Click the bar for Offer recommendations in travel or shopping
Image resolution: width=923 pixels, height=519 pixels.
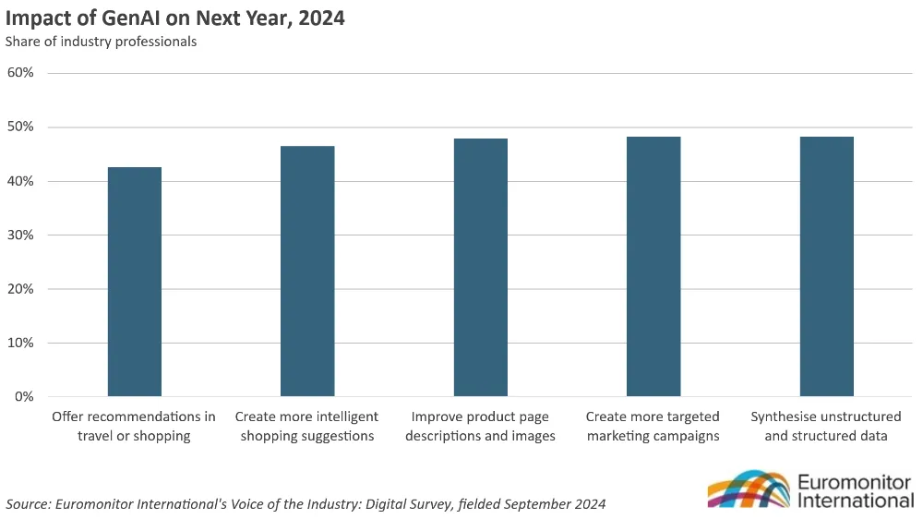[x=135, y=282]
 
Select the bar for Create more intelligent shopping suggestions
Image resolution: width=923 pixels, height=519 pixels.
[x=307, y=271]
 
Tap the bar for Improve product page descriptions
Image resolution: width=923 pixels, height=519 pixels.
[x=480, y=267]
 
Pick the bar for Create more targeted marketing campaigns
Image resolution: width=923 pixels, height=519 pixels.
[x=653, y=266]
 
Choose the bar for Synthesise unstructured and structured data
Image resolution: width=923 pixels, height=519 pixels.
[x=826, y=266]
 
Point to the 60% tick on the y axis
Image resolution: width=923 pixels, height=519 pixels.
[x=20, y=72]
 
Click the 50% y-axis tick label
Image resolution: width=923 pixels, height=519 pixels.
[x=20, y=127]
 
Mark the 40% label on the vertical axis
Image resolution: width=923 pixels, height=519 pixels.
[x=20, y=181]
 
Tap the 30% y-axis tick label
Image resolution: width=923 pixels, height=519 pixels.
[x=20, y=235]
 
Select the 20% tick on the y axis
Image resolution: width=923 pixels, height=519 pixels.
[x=20, y=289]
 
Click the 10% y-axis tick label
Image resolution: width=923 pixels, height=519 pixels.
[x=20, y=343]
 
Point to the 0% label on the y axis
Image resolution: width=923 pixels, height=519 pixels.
[x=24, y=397]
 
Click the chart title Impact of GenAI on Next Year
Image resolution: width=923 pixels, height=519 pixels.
[x=175, y=18]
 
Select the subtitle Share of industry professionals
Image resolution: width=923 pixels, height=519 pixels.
[x=102, y=42]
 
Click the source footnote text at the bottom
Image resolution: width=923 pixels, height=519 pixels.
[x=306, y=503]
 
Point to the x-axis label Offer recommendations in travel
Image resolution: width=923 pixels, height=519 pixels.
[x=134, y=426]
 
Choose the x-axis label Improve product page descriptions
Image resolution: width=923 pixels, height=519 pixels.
[x=480, y=426]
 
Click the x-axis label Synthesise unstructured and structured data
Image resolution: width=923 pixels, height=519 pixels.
[x=826, y=426]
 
